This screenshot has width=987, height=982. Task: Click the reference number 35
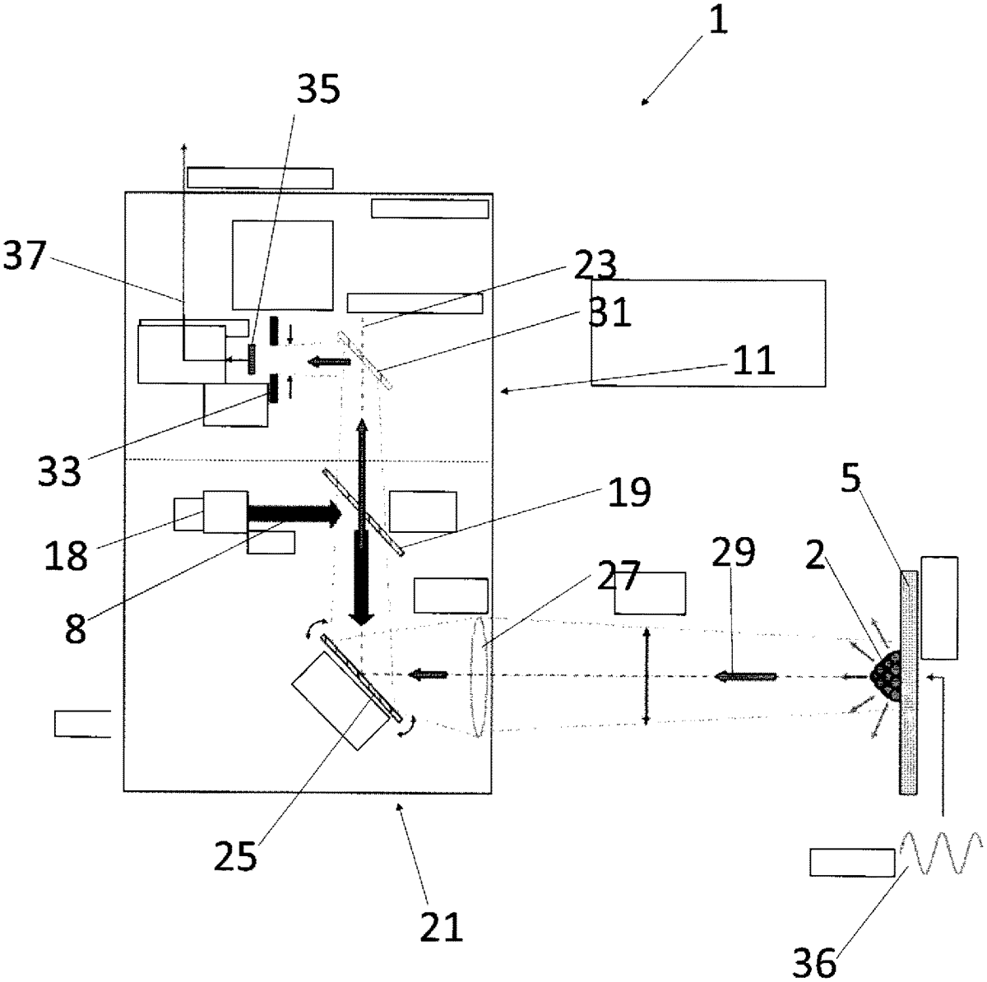(318, 89)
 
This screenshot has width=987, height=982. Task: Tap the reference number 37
(24, 255)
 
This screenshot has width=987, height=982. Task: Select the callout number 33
(59, 470)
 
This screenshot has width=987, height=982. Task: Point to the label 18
(66, 555)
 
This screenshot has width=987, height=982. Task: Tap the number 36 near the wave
(814, 962)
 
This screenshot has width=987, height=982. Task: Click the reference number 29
(734, 552)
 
